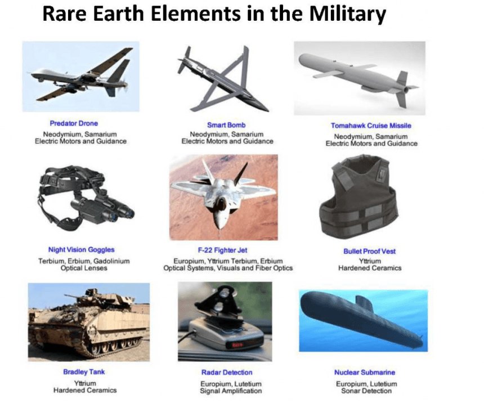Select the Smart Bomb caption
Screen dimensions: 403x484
click(227, 124)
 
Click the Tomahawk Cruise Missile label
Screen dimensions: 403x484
click(371, 126)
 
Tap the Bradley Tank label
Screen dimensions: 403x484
click(84, 372)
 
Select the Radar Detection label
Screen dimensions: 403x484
click(227, 373)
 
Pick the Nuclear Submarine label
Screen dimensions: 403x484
click(365, 373)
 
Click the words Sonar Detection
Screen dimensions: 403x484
click(365, 391)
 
